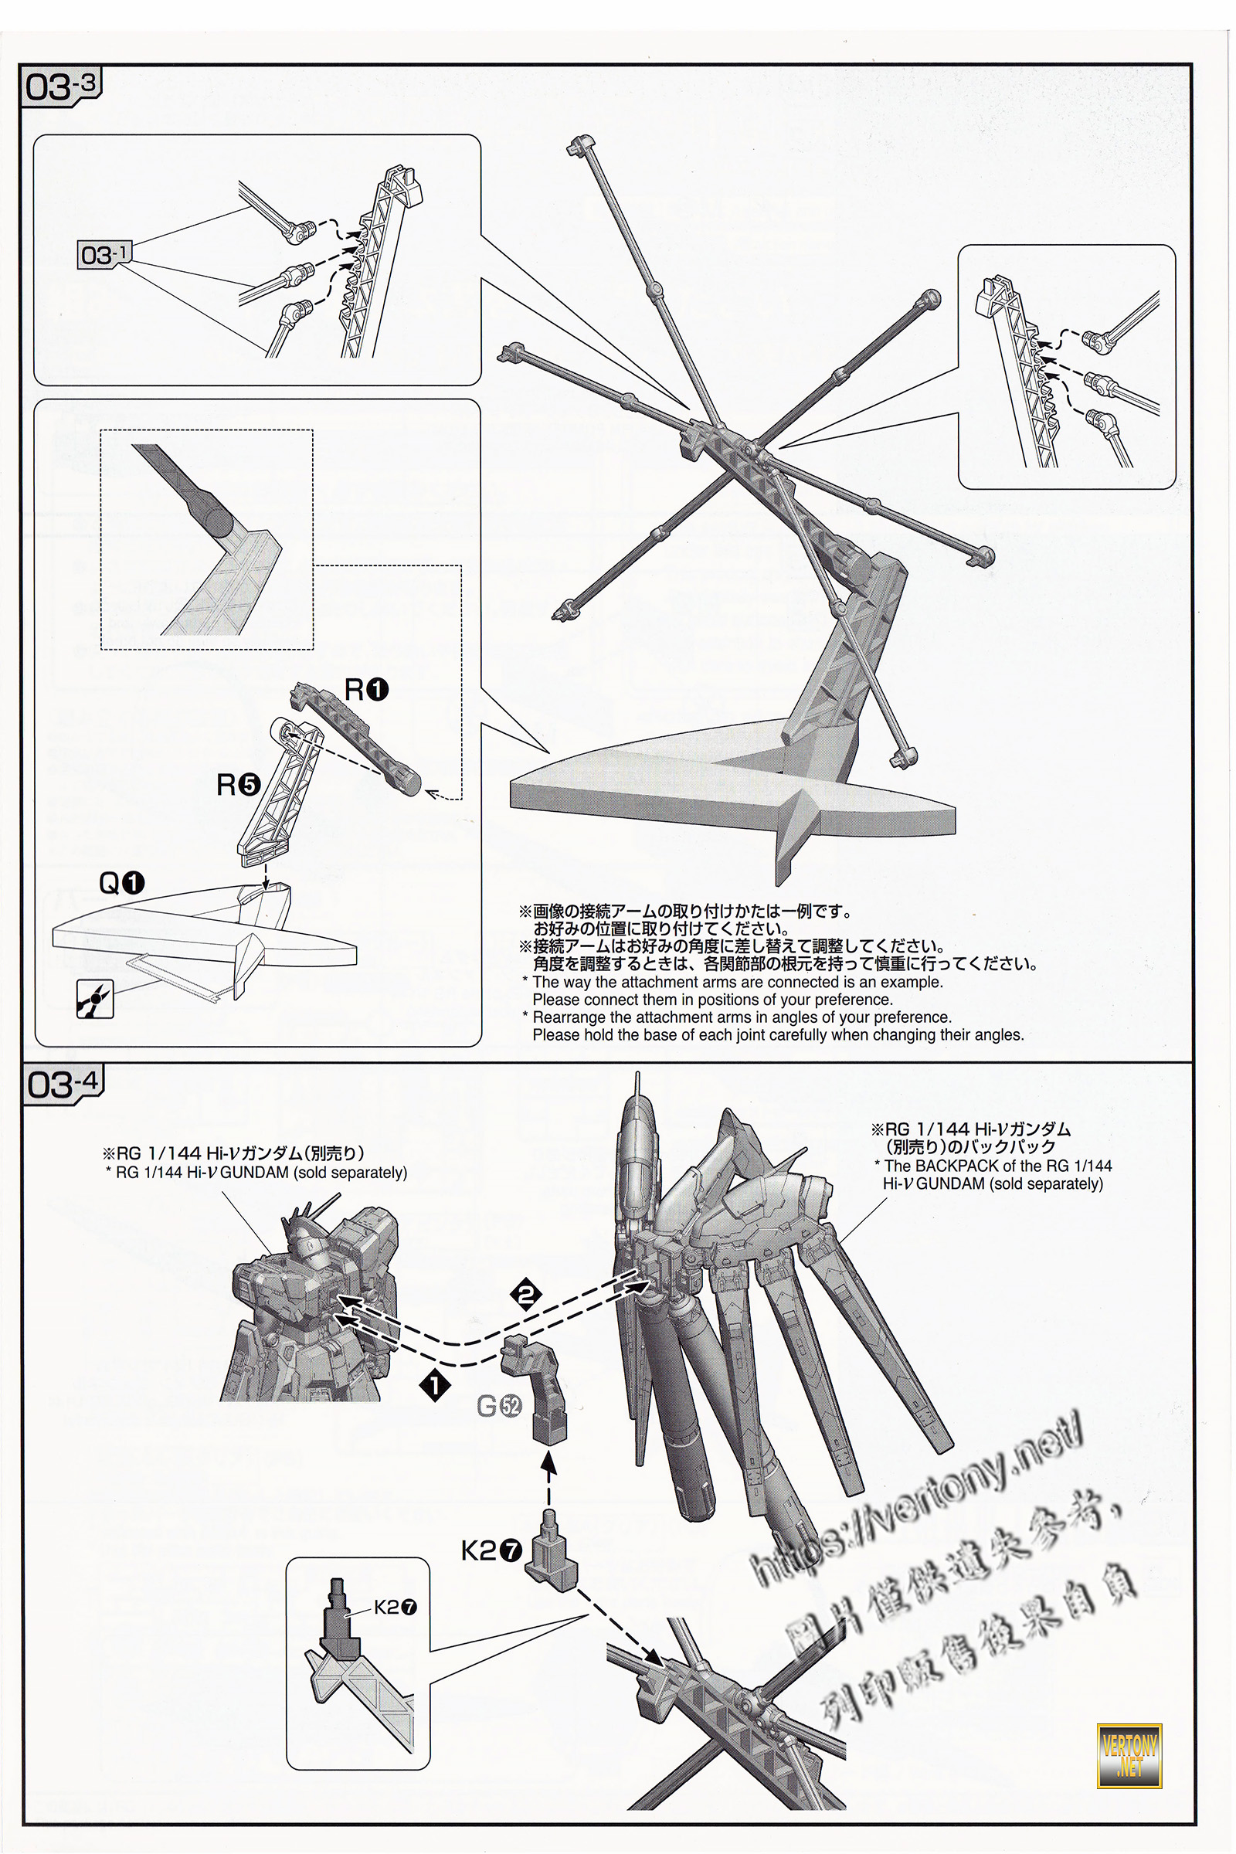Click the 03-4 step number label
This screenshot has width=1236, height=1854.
coord(63,1085)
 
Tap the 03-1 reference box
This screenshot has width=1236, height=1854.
coord(104,255)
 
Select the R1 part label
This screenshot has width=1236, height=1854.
coord(366,690)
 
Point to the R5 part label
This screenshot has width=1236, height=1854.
coord(238,784)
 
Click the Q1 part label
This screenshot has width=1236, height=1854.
coord(121,883)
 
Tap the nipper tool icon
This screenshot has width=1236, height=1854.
coord(94,999)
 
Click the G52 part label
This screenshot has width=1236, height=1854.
coord(499,1405)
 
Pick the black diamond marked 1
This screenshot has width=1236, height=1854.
coord(434,1385)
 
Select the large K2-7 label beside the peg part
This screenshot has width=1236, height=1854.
coord(492,1550)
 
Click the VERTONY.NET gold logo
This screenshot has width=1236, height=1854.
coord(1129,1756)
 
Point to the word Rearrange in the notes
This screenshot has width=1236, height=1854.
coord(568,1017)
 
